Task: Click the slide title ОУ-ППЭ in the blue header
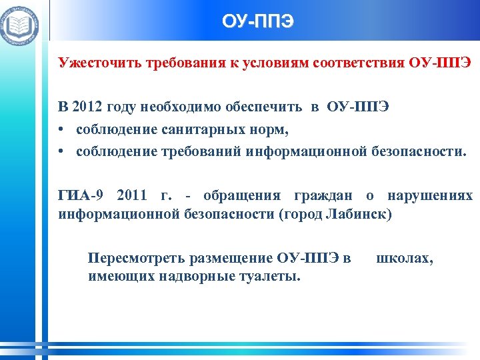pyautogui.click(x=257, y=21)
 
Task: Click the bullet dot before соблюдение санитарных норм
pyautogui.click(x=61, y=130)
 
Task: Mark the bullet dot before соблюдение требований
pyautogui.click(x=61, y=151)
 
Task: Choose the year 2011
pyautogui.click(x=133, y=196)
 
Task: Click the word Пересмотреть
pyautogui.click(x=137, y=257)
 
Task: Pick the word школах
pyautogui.click(x=405, y=257)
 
